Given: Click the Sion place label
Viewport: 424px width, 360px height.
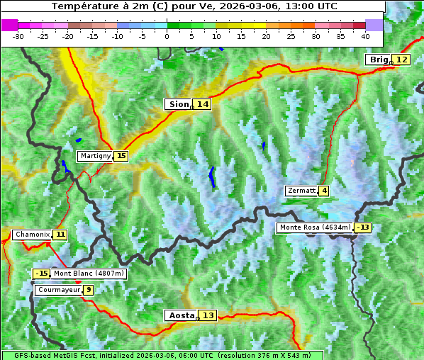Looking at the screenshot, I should tap(179, 104).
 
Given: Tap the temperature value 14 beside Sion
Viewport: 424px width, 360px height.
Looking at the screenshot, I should tap(203, 104).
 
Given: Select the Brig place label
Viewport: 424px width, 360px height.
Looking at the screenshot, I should tap(379, 60).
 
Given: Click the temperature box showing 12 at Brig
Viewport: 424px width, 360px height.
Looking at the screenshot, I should tap(401, 60).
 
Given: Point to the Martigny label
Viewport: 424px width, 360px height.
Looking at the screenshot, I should tap(95, 156).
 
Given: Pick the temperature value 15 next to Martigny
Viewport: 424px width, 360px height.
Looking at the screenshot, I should tap(121, 156).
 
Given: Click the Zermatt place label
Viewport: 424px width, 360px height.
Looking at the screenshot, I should tap(301, 191).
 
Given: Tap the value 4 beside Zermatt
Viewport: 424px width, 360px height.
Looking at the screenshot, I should tap(324, 191).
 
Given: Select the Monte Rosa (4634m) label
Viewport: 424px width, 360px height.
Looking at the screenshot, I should tap(314, 227).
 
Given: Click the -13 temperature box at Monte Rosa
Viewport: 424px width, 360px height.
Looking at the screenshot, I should tap(363, 227).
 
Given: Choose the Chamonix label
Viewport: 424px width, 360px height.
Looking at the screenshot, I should tap(32, 235).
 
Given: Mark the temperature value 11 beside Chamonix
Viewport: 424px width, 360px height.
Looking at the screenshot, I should tap(61, 235).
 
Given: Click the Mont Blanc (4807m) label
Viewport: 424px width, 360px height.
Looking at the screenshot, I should tap(89, 274).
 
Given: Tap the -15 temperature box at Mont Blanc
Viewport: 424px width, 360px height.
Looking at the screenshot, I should tap(42, 274).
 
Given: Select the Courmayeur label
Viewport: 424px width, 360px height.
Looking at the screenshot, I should tap(57, 290).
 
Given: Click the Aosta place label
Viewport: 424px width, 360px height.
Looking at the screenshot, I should tap(180, 315).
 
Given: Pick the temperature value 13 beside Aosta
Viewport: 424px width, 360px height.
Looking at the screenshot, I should tap(208, 315).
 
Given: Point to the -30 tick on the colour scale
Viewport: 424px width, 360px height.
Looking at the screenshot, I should tap(18, 35).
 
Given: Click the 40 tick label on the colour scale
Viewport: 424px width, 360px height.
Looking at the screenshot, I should tap(364, 35).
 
